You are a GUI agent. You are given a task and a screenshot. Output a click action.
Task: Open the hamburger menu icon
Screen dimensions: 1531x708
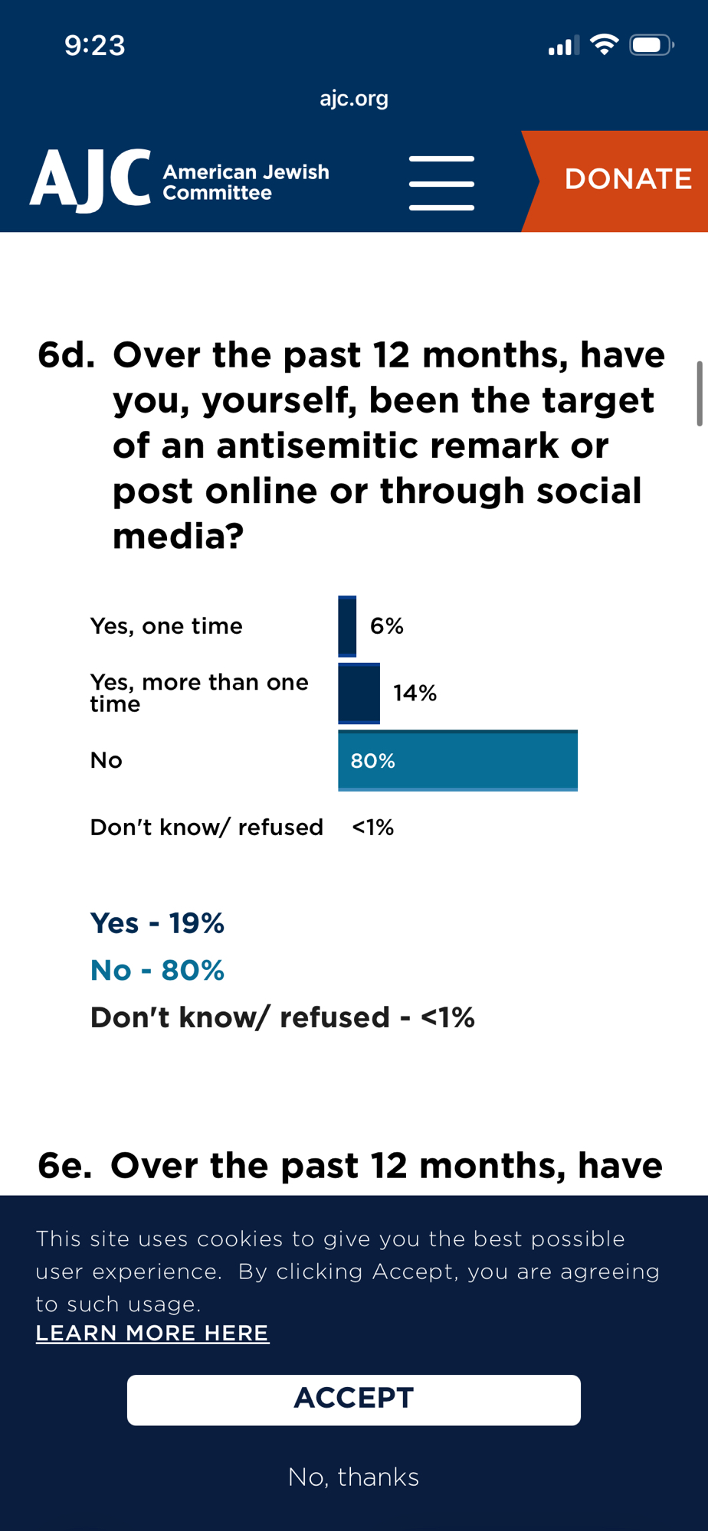441,183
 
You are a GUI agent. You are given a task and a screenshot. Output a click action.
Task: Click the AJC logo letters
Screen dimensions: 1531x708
90,180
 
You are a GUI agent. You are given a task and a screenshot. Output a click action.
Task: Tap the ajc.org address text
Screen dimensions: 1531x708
354,99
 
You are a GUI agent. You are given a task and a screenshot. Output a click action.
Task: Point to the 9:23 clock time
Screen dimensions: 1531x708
95,46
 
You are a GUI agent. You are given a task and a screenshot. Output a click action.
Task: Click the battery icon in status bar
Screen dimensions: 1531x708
651,46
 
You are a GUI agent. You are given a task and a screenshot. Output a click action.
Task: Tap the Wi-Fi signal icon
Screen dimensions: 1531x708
605,45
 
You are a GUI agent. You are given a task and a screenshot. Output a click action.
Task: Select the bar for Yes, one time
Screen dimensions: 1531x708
347,626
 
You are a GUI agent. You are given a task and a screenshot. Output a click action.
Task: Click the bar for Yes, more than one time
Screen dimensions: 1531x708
359,694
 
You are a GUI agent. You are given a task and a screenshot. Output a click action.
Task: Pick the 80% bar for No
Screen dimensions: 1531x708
457,761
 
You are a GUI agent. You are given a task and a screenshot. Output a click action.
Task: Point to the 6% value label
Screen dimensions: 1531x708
387,626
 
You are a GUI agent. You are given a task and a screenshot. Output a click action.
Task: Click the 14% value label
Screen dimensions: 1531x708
415,694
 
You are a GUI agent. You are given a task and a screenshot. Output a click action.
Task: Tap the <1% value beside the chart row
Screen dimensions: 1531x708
372,828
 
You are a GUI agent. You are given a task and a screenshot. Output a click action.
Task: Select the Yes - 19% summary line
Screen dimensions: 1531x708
157,923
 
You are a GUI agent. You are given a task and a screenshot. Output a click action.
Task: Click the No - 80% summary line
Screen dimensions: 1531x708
157,971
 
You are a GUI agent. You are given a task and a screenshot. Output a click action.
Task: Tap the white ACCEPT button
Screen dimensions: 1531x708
354,1399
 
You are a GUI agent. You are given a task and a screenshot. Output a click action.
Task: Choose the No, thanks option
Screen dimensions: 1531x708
354,1477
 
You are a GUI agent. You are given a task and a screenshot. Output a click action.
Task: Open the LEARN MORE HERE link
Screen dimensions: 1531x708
152,1333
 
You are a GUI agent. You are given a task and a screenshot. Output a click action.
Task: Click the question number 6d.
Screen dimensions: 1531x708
67,356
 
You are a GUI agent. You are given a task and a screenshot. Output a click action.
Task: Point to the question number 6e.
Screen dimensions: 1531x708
65,1166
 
